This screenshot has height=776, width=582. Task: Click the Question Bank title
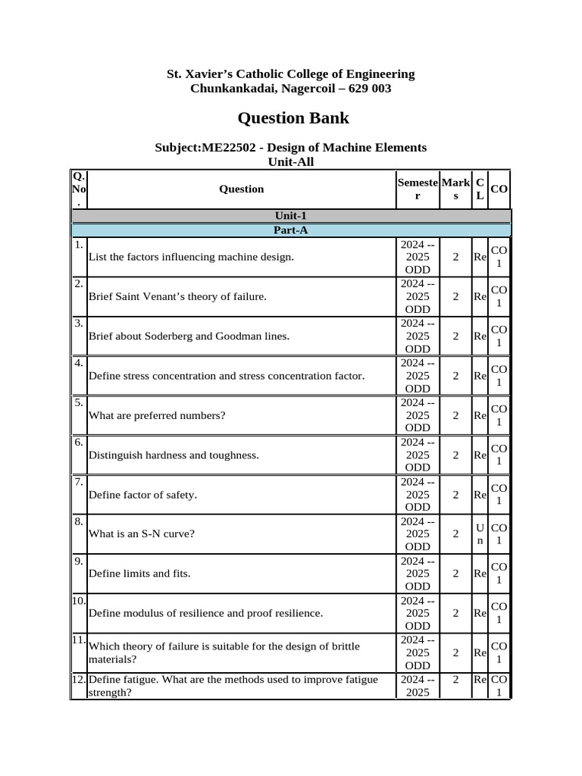[x=293, y=118]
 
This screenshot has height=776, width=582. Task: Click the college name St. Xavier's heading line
[x=290, y=74]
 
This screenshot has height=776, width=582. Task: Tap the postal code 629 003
[x=368, y=89]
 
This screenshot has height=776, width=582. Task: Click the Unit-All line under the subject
[x=290, y=161]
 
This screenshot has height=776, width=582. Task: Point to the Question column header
[x=241, y=189]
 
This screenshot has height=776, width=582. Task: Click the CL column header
[x=480, y=189]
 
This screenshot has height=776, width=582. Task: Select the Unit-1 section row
[x=290, y=216]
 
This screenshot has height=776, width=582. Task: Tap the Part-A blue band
[x=290, y=230]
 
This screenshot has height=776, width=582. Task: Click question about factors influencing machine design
[x=191, y=257]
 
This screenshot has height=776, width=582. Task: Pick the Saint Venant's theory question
[x=177, y=296]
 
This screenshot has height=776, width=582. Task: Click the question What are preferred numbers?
[x=157, y=415]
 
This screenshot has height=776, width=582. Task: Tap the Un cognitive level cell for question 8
[x=480, y=533]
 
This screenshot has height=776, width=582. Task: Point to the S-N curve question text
[x=142, y=533]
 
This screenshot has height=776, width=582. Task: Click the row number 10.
[x=79, y=601]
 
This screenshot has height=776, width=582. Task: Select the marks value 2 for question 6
[x=455, y=455]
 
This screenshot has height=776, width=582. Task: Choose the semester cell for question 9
[x=417, y=574]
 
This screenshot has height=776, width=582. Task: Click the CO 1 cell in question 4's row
[x=499, y=375]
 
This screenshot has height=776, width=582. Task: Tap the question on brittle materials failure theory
[x=224, y=652]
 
